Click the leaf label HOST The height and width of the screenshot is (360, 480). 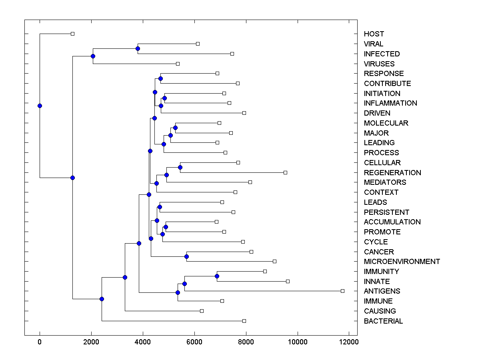pyautogui.click(x=374, y=34)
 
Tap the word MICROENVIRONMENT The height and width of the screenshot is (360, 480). pyautogui.click(x=402, y=262)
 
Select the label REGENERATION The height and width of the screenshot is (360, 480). pyautogui.click(x=392, y=173)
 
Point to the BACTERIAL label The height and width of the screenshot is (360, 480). pyautogui.click(x=383, y=321)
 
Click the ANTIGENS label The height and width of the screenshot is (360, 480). pyautogui.click(x=382, y=291)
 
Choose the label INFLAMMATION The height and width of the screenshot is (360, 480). pyautogui.click(x=390, y=103)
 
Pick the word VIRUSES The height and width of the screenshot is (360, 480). pyautogui.click(x=379, y=64)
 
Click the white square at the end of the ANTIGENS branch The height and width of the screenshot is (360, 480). pyautogui.click(x=342, y=291)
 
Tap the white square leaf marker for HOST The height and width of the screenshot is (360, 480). pyautogui.click(x=72, y=34)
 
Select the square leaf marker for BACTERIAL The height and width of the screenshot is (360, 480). pyautogui.click(x=244, y=321)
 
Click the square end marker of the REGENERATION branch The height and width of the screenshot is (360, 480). pyautogui.click(x=285, y=172)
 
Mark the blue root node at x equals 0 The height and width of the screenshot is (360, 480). pyautogui.click(x=40, y=106)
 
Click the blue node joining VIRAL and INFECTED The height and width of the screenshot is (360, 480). pyautogui.click(x=138, y=49)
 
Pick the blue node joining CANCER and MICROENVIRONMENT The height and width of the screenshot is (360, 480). pyautogui.click(x=186, y=256)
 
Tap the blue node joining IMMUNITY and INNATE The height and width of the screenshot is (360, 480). pyautogui.click(x=217, y=276)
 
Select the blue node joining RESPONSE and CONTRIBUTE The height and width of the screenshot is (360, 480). pyautogui.click(x=160, y=78)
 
